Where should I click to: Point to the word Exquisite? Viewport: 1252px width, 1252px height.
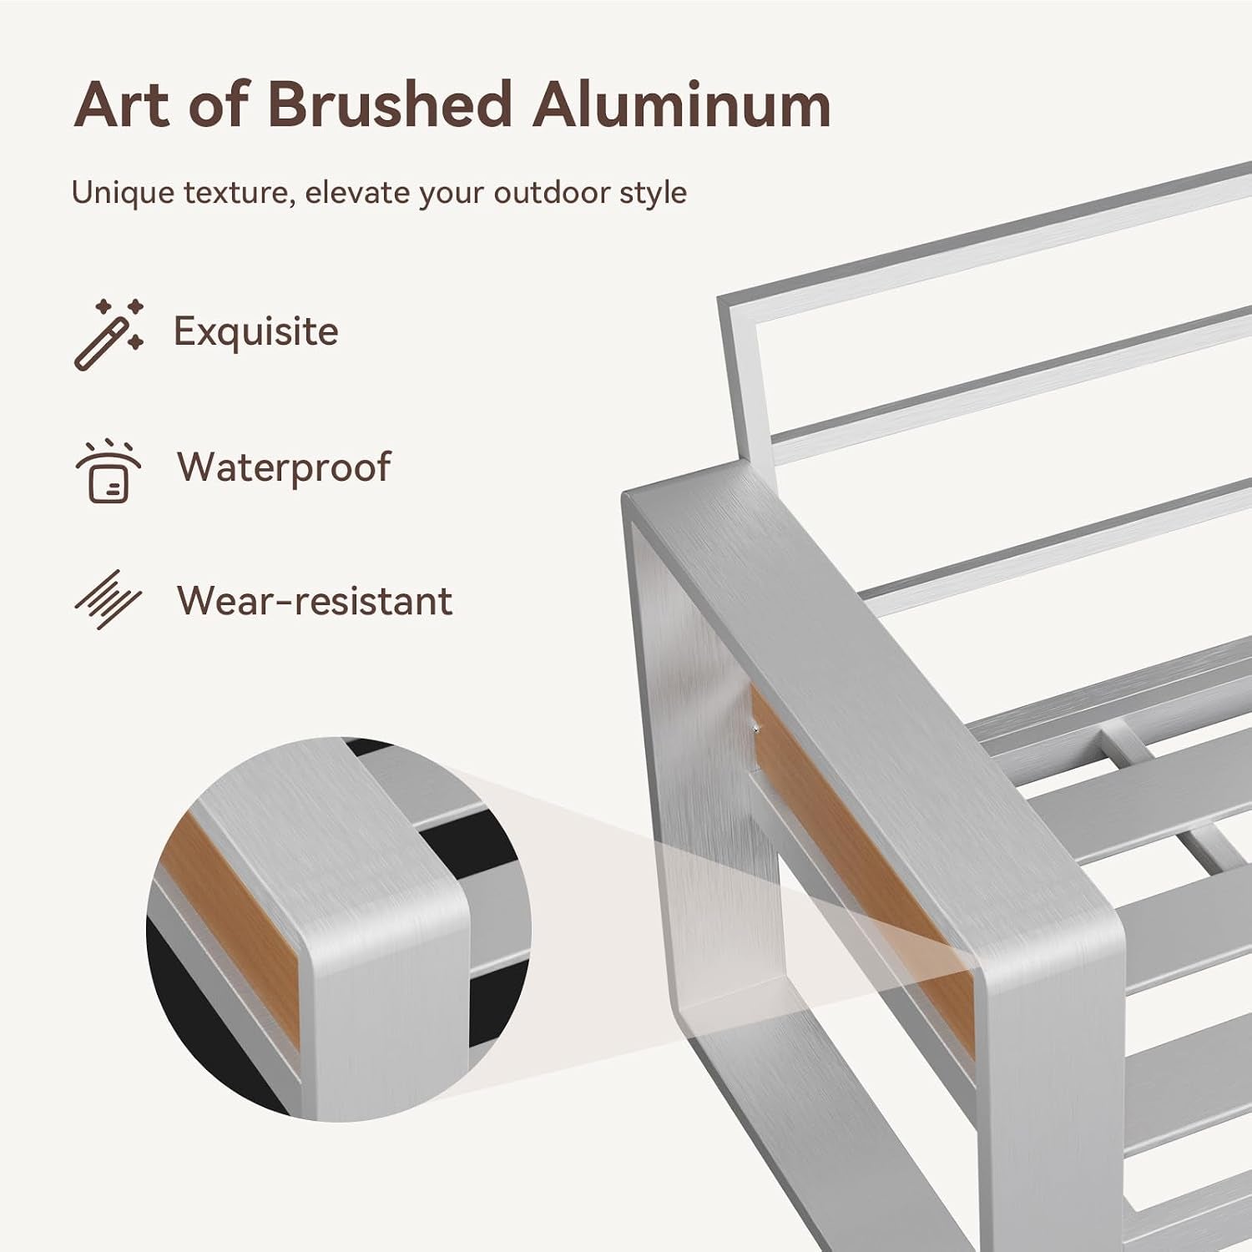(255, 332)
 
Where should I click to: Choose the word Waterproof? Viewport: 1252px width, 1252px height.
(284, 467)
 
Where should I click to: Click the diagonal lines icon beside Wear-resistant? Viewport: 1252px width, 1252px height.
(109, 599)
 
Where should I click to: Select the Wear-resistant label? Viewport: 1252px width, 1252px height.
(315, 601)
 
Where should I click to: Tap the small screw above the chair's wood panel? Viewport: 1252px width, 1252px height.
(755, 728)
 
